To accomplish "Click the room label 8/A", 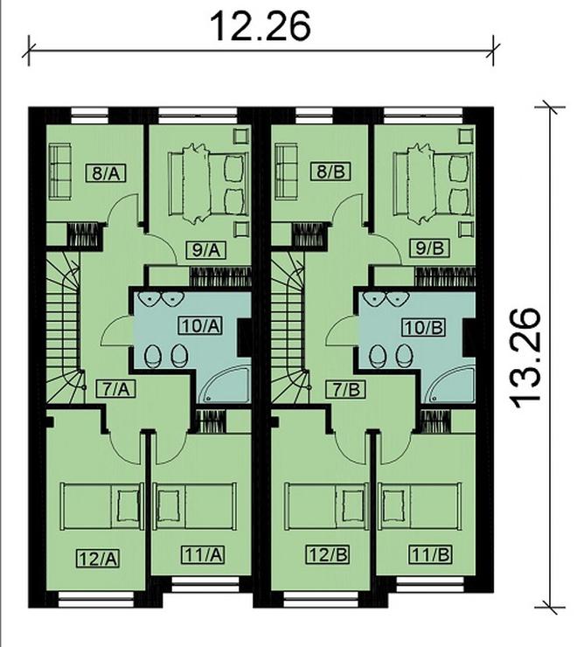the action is [106, 172].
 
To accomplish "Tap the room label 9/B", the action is [430, 248].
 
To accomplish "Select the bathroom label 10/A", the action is [200, 326].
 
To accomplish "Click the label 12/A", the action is [99, 559].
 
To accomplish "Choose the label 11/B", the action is [430, 554].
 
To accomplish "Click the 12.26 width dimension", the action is [261, 27].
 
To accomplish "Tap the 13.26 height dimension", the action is [525, 358].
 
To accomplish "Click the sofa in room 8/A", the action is [59, 171].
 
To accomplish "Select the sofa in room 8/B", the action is [286, 171].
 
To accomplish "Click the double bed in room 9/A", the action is [209, 184].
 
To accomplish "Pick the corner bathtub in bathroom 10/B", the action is [450, 385].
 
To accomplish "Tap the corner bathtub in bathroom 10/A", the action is [225, 385].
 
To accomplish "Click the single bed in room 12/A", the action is [101, 506].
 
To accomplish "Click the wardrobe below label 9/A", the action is [220, 276].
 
